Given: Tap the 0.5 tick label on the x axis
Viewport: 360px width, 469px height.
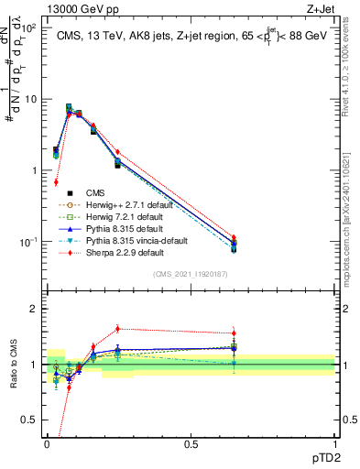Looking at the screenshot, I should tap(191, 443).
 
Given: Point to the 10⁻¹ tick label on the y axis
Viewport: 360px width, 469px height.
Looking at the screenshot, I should tap(29, 242).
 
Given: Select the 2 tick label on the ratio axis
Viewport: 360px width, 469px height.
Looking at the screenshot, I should tap(33, 309).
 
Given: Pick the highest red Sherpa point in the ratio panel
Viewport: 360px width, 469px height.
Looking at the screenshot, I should tap(117, 329).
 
